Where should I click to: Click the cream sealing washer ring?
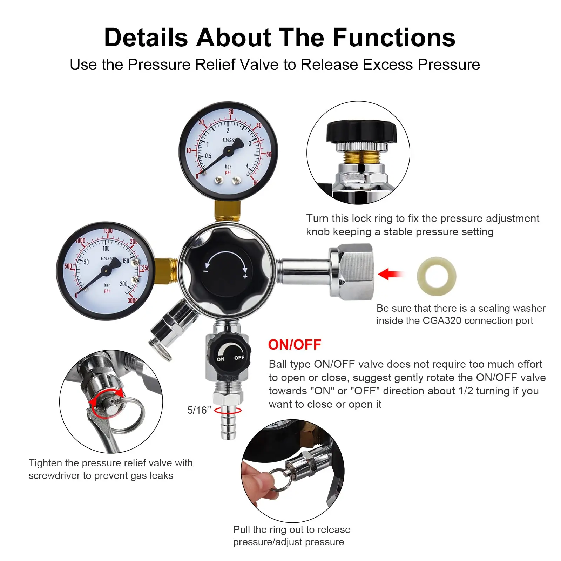pos(436,276)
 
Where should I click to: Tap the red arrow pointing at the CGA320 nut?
pos(390,274)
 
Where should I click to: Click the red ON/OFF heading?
pos(295,345)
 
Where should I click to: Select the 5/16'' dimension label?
pos(199,410)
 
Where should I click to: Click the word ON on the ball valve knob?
pos(221,359)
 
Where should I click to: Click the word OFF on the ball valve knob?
pos(239,358)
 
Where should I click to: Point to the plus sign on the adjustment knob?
pos(245,276)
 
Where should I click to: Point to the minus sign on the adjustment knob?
pos(206,271)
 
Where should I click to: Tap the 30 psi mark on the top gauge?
pos(231,112)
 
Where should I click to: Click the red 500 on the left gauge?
pos(68,266)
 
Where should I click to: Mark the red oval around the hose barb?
pos(228,410)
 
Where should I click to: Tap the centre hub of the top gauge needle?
pos(228,151)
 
